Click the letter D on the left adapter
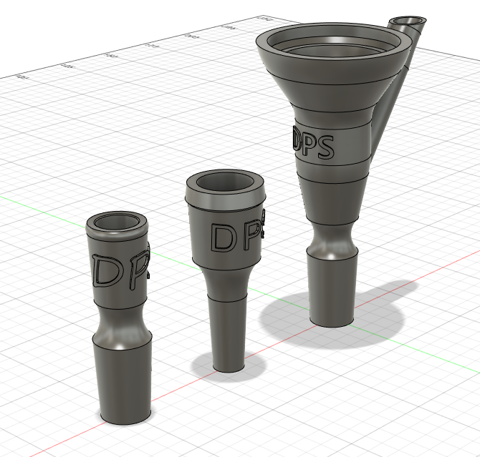click(x=107, y=272)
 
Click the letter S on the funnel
click(x=324, y=147)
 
